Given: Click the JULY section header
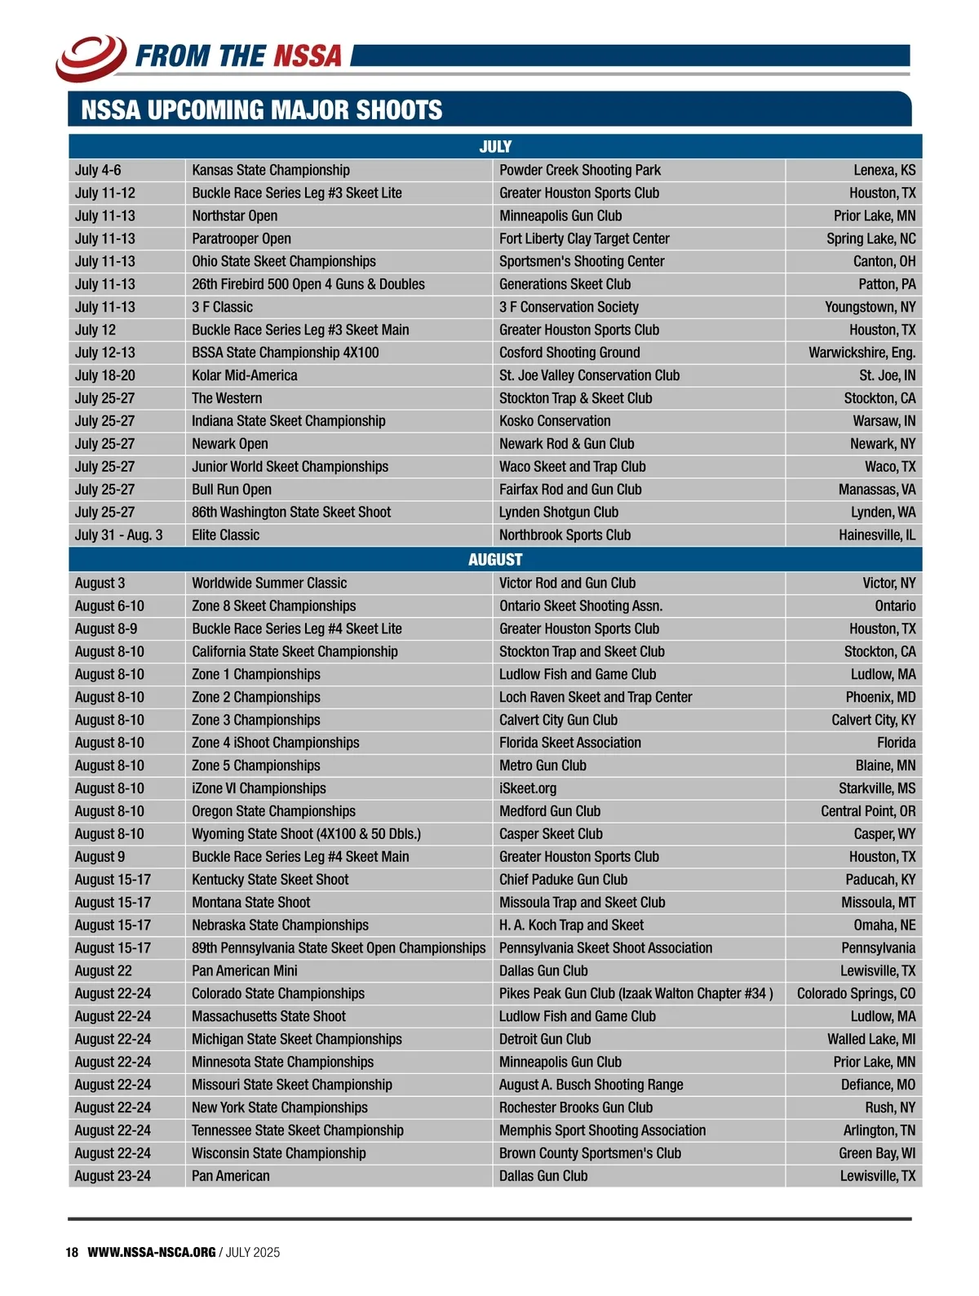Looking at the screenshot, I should click(x=495, y=146).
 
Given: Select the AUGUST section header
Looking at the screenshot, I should click(x=495, y=559).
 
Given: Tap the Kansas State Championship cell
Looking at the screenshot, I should click(x=271, y=170).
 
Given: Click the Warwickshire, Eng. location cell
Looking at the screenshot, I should click(x=862, y=353).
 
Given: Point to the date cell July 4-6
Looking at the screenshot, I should click(x=98, y=170).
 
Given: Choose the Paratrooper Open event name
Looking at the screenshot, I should click(x=241, y=238).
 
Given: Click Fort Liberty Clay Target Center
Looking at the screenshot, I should click(x=584, y=238).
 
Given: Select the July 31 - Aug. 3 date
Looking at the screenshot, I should click(x=119, y=535).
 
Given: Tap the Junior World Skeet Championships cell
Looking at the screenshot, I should click(x=290, y=467).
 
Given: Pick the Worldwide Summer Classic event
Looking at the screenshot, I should click(x=269, y=583).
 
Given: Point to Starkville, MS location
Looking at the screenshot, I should click(x=877, y=788).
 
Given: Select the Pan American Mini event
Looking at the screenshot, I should click(x=245, y=970).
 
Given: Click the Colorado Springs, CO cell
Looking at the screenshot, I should click(x=856, y=993).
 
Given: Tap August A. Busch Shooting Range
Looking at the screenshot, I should click(x=591, y=1085).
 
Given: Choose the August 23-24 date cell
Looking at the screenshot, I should click(x=113, y=1176).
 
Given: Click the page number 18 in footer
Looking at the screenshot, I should click(x=72, y=1252).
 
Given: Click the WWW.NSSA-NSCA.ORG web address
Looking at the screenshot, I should click(x=152, y=1252).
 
